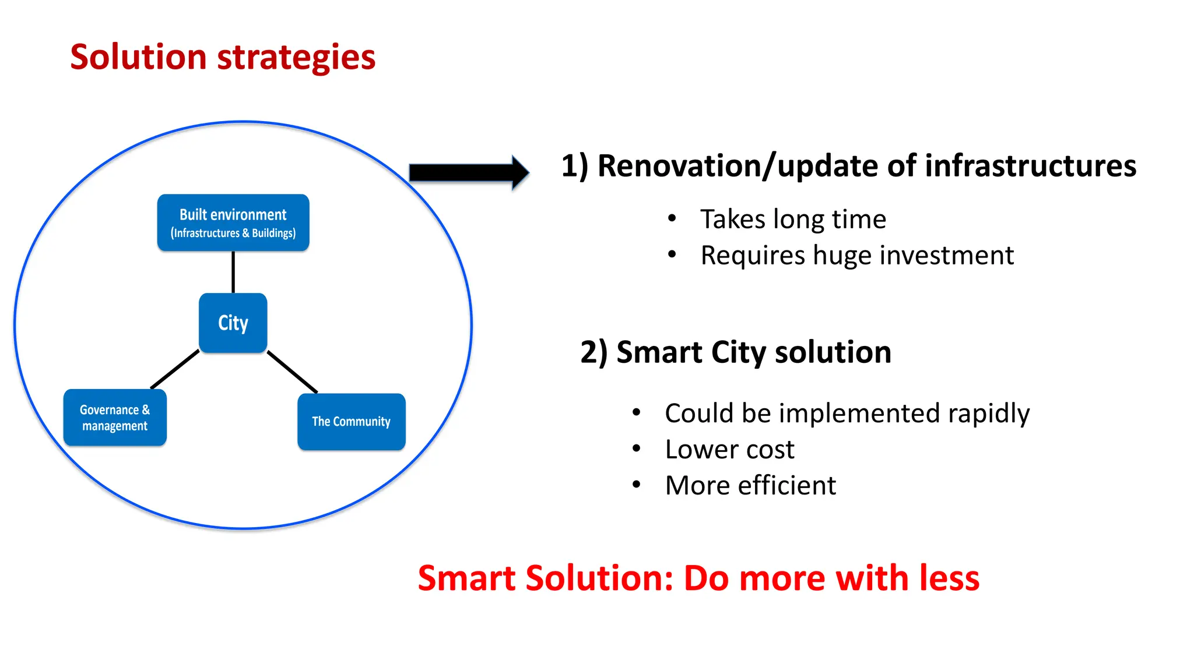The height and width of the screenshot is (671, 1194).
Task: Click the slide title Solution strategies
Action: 223,57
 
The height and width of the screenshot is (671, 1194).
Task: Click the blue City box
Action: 233,323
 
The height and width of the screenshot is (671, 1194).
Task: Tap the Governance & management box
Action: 115,418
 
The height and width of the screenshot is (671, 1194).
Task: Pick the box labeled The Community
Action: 351,422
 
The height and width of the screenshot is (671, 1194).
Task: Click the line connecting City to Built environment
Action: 233,272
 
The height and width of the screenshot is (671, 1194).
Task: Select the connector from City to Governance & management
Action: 175,369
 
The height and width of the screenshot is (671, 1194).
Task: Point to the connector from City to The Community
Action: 292,372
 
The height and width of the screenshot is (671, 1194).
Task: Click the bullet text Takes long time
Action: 793,220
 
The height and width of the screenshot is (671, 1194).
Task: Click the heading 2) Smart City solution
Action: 736,352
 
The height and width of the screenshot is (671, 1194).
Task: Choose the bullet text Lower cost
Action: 729,450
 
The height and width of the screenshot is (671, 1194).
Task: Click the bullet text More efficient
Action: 750,486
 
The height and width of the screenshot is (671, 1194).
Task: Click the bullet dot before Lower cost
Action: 637,448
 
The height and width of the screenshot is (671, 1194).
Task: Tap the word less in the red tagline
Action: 949,578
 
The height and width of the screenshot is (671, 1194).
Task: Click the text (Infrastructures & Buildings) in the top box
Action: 233,234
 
